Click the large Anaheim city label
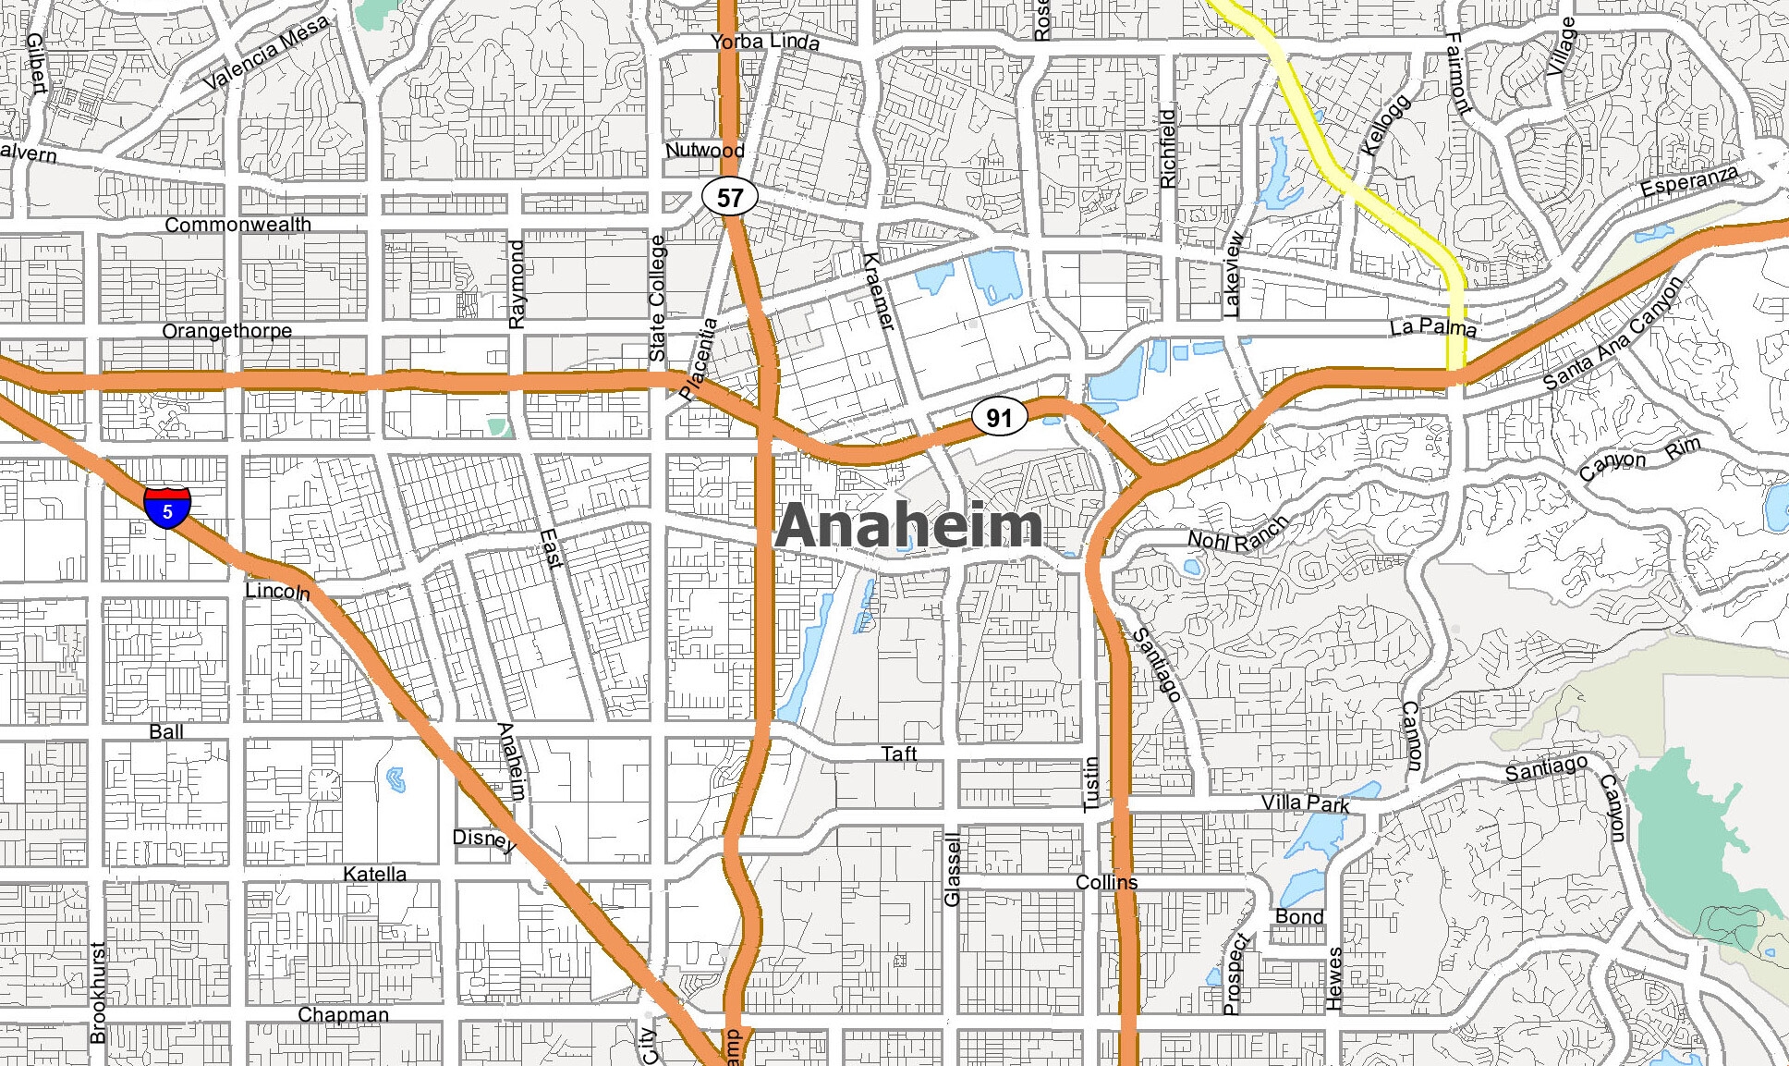tap(909, 525)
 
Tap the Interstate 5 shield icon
tap(167, 508)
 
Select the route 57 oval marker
tap(730, 197)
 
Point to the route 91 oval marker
tap(999, 417)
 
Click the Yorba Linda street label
tap(765, 42)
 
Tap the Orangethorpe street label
tap(226, 331)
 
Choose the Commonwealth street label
tap(237, 225)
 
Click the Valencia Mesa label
tap(266, 53)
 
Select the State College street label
tap(657, 298)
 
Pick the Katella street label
tap(374, 874)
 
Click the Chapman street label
tap(343, 1014)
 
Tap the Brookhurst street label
tap(98, 993)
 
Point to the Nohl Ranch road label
tap(1238, 535)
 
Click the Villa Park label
tap(1306, 803)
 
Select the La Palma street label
tap(1432, 326)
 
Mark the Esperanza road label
tap(1689, 182)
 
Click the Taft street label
tap(898, 754)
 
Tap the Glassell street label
tap(953, 869)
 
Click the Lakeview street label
tap(1233, 275)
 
